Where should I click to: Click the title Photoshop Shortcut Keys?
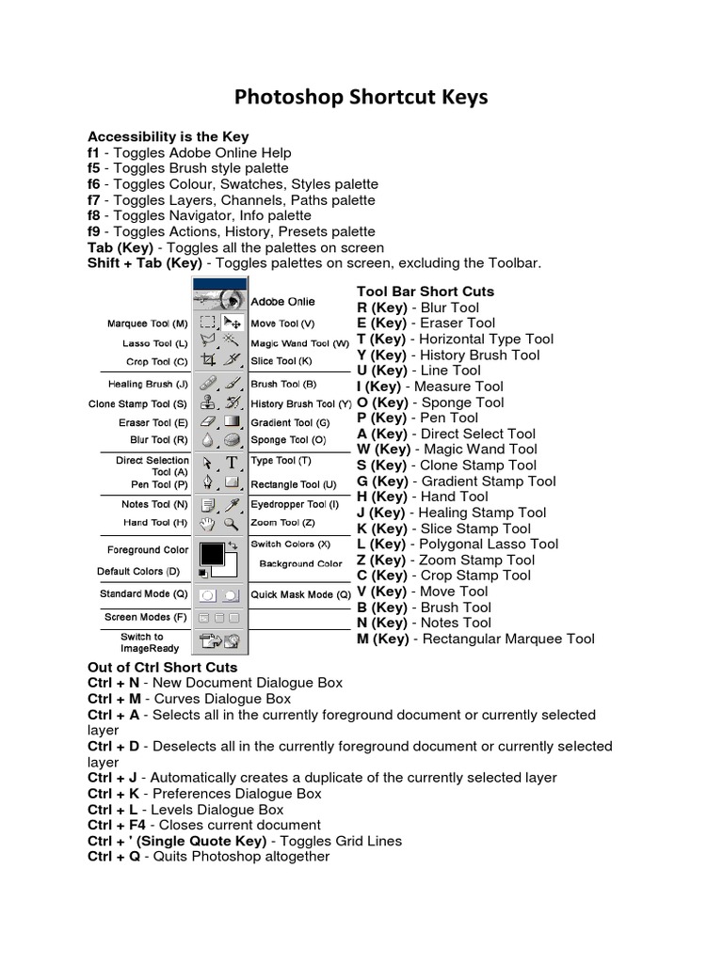tap(361, 98)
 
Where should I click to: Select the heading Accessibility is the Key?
tap(168, 136)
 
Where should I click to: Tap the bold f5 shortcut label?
tap(93, 168)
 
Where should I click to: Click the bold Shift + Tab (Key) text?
tap(144, 263)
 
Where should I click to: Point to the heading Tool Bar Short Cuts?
tap(426, 292)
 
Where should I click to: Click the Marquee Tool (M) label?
tap(148, 324)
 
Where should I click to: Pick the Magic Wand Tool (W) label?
tap(299, 343)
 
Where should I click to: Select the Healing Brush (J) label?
tap(149, 384)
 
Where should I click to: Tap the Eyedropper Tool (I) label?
tap(295, 504)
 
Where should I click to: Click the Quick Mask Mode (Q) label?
tap(300, 594)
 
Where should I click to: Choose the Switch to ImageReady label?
tap(141, 642)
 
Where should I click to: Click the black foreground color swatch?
tap(211, 553)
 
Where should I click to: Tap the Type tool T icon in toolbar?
tap(232, 463)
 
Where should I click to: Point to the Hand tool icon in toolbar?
tap(208, 524)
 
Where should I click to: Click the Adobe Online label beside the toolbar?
tap(282, 302)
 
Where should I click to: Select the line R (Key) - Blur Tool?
tap(418, 308)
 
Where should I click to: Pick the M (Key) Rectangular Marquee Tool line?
tap(475, 639)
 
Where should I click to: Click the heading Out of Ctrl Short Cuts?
tap(163, 667)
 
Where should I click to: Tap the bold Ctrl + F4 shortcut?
tap(114, 825)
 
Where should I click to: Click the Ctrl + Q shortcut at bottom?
tap(112, 857)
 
